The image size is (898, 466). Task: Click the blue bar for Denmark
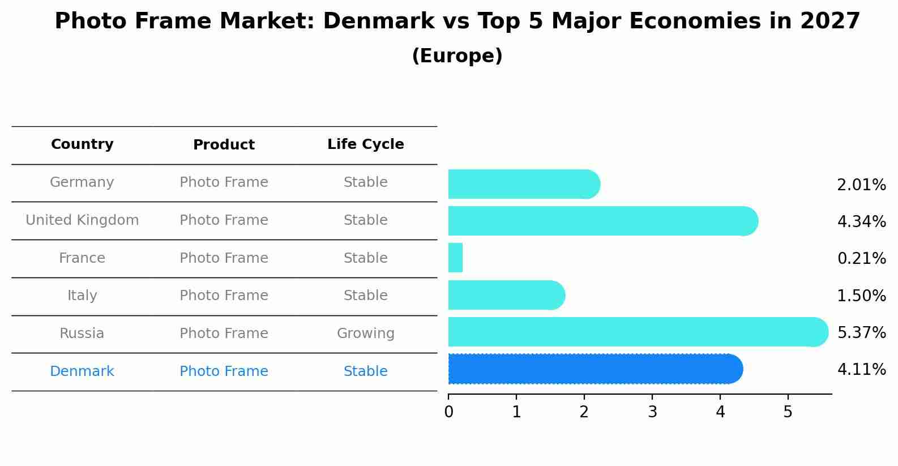(595, 369)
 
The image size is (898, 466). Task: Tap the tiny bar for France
(455, 258)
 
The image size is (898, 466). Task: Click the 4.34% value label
(861, 222)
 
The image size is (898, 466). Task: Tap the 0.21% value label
(861, 259)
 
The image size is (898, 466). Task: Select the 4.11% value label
(861, 370)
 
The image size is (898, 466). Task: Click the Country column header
(82, 144)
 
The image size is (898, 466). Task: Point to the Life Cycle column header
(365, 144)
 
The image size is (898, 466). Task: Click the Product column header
(224, 145)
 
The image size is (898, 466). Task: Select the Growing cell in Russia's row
(365, 334)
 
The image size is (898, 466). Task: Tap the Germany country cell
(82, 182)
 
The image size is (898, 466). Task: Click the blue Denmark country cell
(82, 371)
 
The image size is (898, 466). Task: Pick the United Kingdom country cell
(82, 220)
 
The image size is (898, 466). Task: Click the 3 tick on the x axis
(652, 412)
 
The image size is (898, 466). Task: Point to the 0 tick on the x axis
(448, 412)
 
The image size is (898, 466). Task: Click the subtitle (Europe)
(457, 56)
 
